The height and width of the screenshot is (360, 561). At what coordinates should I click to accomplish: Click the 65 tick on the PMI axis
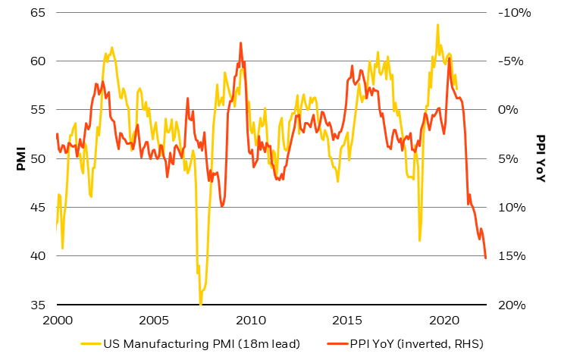(36, 13)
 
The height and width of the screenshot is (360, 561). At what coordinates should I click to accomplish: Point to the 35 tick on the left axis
(36, 305)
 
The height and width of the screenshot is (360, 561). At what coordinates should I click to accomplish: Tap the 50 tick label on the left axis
(36, 158)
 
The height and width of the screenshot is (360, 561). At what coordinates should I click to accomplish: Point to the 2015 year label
(348, 319)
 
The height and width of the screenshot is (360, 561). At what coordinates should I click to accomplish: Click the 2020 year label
(445, 319)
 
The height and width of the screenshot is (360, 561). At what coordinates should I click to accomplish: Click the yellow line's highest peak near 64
(437, 24)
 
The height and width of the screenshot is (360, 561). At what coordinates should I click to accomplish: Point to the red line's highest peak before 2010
(241, 42)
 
